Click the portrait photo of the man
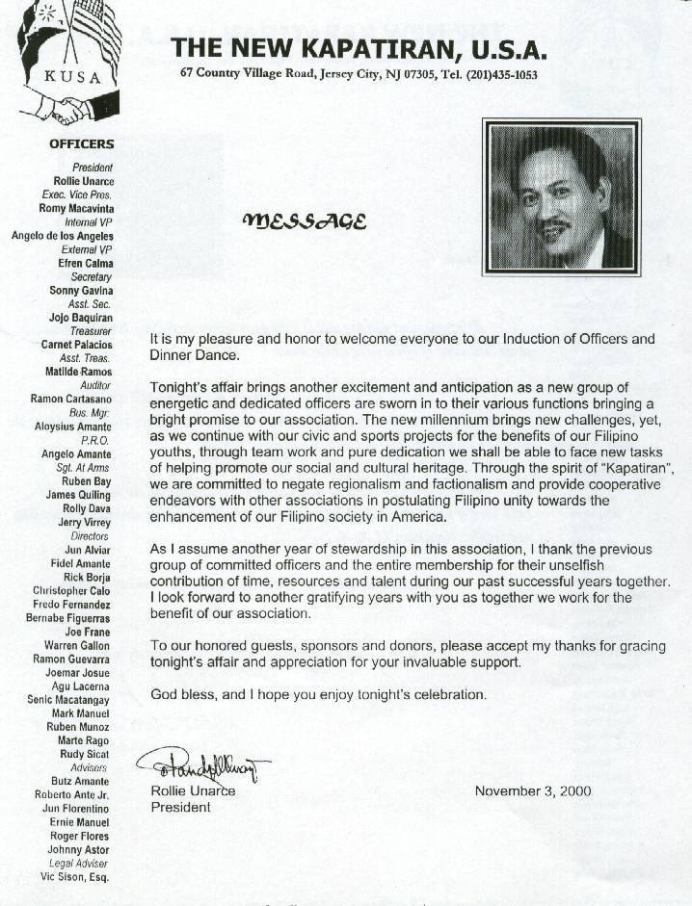562,196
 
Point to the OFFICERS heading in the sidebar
81,144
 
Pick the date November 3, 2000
533,791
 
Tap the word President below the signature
180,807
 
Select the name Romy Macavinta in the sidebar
75,207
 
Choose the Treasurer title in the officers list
92,330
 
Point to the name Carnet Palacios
76,344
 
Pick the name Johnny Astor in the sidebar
78,850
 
